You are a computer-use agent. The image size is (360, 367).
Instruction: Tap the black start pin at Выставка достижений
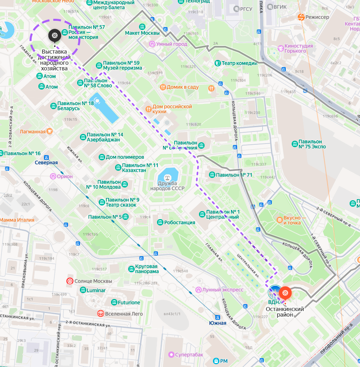point(55,36)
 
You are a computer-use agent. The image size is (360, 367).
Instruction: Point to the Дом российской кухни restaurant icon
point(148,108)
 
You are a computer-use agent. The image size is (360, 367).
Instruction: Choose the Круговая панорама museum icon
point(131,269)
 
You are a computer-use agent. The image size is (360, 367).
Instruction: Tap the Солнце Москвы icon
point(70,281)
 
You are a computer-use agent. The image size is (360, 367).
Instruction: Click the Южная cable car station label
point(217,323)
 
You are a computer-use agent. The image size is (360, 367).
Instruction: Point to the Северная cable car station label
point(46,163)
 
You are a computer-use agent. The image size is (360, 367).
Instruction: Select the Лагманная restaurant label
point(32,131)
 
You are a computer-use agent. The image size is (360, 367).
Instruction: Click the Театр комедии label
point(239,63)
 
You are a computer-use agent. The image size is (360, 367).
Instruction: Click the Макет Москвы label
point(142,33)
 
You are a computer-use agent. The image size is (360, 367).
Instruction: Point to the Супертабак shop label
point(188,354)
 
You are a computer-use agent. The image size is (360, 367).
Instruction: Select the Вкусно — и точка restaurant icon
point(280,220)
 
